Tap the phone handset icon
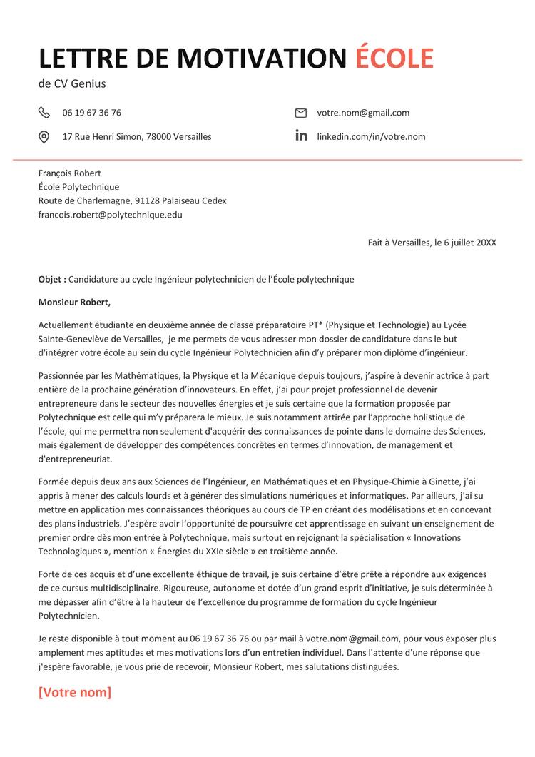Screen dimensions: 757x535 44,113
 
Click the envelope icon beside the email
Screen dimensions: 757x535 301,113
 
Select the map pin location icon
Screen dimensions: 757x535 44,137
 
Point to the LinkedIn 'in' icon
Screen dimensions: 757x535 301,136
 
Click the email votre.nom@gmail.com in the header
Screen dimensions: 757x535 363,113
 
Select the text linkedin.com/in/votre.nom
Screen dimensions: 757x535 371,136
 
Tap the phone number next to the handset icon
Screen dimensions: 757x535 91,113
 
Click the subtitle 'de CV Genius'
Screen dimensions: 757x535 72,84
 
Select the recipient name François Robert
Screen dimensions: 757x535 70,173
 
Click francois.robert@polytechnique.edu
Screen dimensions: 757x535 111,214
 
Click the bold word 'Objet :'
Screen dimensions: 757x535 52,279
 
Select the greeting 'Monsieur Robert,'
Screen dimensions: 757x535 75,302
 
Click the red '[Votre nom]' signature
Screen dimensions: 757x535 75,692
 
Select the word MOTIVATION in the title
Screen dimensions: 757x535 260,58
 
